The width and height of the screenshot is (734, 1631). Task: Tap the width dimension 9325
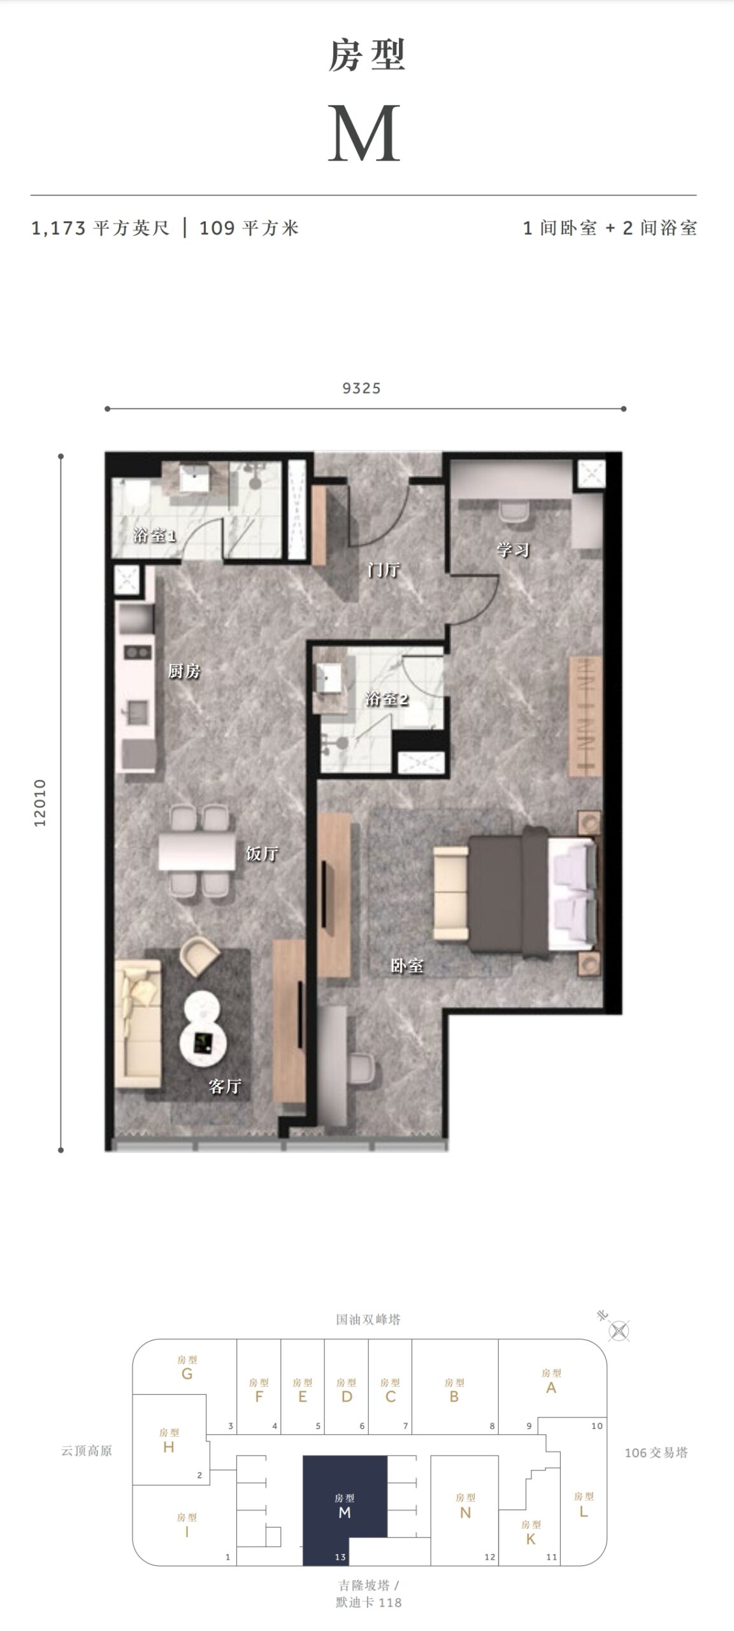361,388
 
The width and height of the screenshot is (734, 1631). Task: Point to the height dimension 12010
41,803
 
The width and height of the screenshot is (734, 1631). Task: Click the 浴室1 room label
154,535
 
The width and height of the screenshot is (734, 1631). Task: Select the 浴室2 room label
387,699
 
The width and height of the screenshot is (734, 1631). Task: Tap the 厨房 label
184,671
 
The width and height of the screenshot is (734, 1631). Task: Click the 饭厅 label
262,853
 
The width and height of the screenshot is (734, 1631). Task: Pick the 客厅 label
225,1086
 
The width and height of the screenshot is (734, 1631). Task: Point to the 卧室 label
407,966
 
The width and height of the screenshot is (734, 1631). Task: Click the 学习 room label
513,549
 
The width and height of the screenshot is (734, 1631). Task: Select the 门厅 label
383,570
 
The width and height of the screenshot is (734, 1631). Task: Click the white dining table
198,850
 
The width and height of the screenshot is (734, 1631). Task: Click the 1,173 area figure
59,228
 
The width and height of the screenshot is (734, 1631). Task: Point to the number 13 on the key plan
340,1557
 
